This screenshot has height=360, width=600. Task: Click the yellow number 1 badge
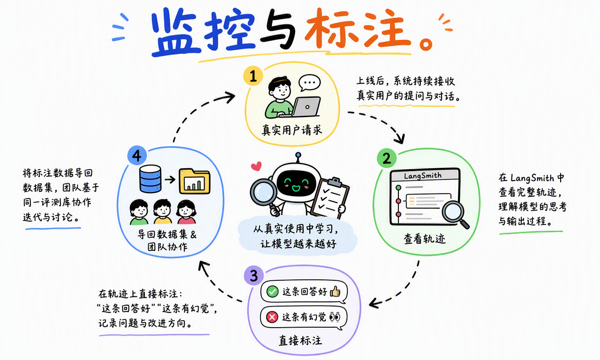pyautogui.click(x=253, y=76)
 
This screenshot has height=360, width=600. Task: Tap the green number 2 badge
pyautogui.click(x=387, y=158)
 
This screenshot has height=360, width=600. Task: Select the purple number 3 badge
pyautogui.click(x=254, y=275)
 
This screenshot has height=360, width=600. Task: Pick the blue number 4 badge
pyautogui.click(x=137, y=155)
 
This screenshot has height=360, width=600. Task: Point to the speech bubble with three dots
pyautogui.click(x=310, y=83)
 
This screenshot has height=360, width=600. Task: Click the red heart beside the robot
pyautogui.click(x=256, y=166)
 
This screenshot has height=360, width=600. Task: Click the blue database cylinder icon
pyautogui.click(x=150, y=179)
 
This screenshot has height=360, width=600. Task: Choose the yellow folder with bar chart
pyautogui.click(x=195, y=181)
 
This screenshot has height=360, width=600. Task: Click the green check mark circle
pyautogui.click(x=272, y=291)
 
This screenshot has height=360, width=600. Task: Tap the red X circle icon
pyautogui.click(x=272, y=317)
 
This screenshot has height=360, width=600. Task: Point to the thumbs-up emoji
pyautogui.click(x=335, y=291)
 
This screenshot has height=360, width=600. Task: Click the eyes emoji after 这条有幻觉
pyautogui.click(x=335, y=317)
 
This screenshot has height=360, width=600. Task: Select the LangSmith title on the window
pyautogui.click(x=423, y=176)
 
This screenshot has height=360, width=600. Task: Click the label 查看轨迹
pyautogui.click(x=425, y=239)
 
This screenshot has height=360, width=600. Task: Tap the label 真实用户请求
pyautogui.click(x=292, y=130)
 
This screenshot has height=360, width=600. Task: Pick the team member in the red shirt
pyautogui.click(x=186, y=212)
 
